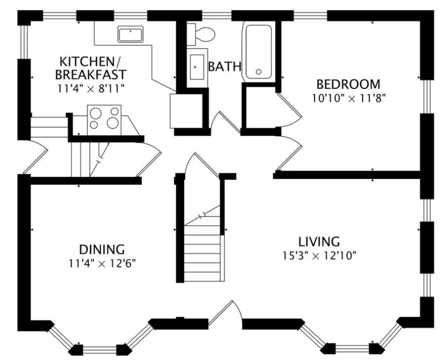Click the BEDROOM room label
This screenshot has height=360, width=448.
pyautogui.click(x=348, y=84)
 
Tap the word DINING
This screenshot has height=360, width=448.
pyautogui.click(x=101, y=249)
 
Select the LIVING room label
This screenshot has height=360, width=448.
pyautogui.click(x=319, y=241)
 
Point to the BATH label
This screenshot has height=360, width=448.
pyautogui.click(x=224, y=66)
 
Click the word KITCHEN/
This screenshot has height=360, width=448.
pyautogui.click(x=90, y=61)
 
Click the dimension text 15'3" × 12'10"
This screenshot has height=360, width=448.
pyautogui.click(x=319, y=255)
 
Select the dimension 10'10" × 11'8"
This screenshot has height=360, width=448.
pyautogui.click(x=348, y=98)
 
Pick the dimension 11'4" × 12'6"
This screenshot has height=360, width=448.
pyautogui.click(x=101, y=263)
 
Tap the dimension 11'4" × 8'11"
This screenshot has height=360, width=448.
pyautogui.click(x=91, y=88)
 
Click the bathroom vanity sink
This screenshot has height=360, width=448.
pyautogui.click(x=197, y=67)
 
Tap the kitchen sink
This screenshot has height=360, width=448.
pyautogui.click(x=130, y=34)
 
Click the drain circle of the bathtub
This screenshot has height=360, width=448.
pyautogui.click(x=259, y=71)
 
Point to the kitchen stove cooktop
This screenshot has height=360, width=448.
pyautogui.click(x=104, y=120)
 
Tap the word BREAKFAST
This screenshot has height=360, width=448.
pyautogui.click(x=90, y=74)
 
